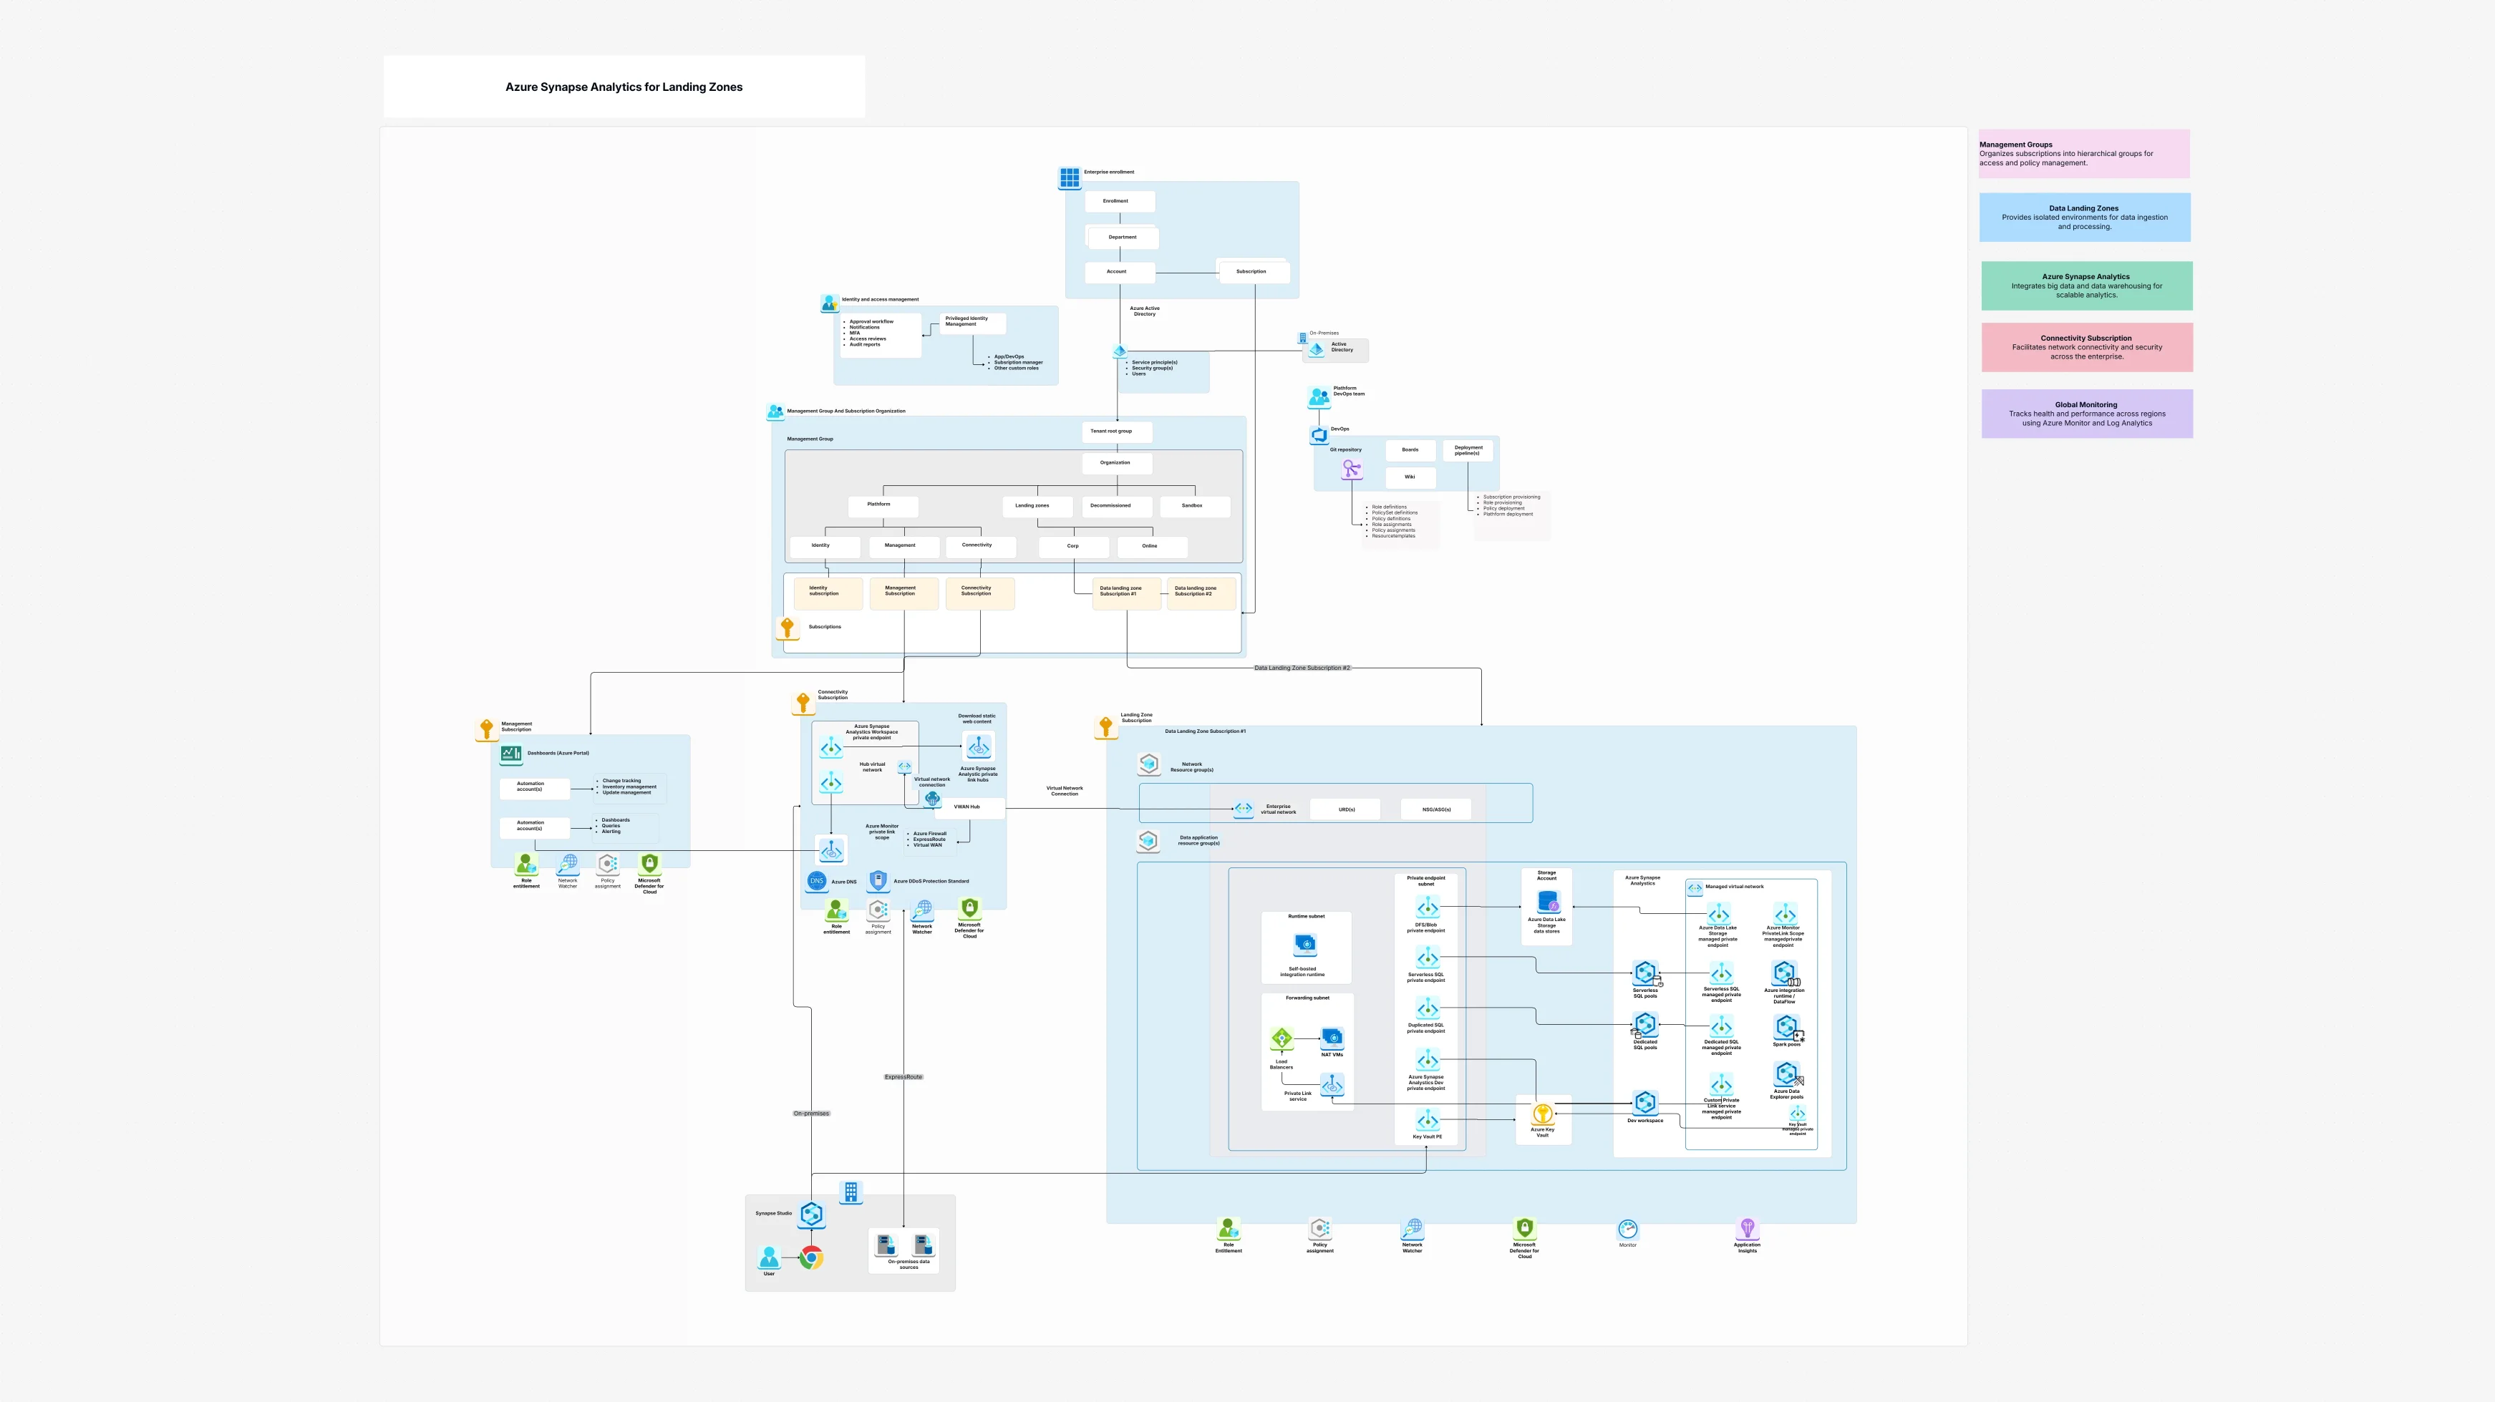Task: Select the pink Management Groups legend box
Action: click(x=2083, y=154)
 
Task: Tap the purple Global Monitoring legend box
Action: click(x=2086, y=414)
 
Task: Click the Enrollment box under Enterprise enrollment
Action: click(x=1119, y=201)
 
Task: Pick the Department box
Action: click(x=1123, y=237)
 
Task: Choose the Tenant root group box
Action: click(x=1116, y=431)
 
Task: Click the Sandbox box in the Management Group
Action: click(x=1193, y=505)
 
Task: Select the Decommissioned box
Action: click(x=1115, y=505)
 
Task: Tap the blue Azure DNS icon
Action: click(x=816, y=881)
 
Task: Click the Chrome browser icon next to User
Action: click(x=812, y=1257)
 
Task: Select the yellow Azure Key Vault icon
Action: click(x=1542, y=1114)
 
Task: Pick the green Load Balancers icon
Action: click(x=1282, y=1039)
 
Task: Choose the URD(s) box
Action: click(x=1345, y=809)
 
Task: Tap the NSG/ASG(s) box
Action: click(x=1435, y=809)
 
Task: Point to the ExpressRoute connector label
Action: click(x=903, y=1076)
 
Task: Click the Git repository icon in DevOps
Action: click(x=1351, y=469)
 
